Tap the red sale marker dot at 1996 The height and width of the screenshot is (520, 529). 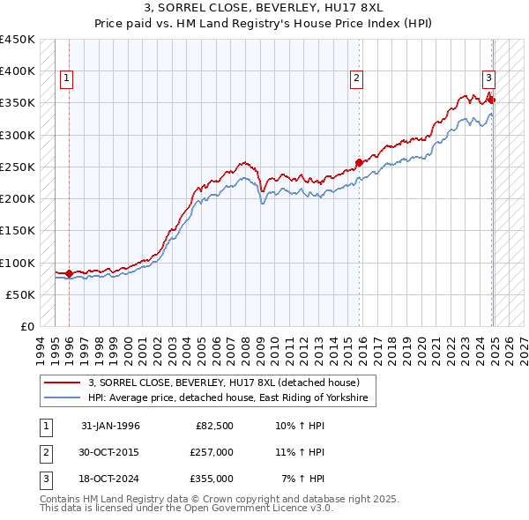pos(69,273)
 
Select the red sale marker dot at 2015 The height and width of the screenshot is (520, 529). pos(359,162)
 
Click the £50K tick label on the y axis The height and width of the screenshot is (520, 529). pos(21,295)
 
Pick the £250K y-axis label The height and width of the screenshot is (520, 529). pos(18,167)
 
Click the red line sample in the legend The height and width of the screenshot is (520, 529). pos(62,383)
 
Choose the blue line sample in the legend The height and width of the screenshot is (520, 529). pos(62,398)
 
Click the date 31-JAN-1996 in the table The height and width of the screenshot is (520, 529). pos(110,426)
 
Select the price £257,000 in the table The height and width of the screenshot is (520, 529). pos(212,452)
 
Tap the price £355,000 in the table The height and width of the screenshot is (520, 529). pos(212,479)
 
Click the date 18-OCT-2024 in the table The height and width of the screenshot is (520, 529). pos(110,479)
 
